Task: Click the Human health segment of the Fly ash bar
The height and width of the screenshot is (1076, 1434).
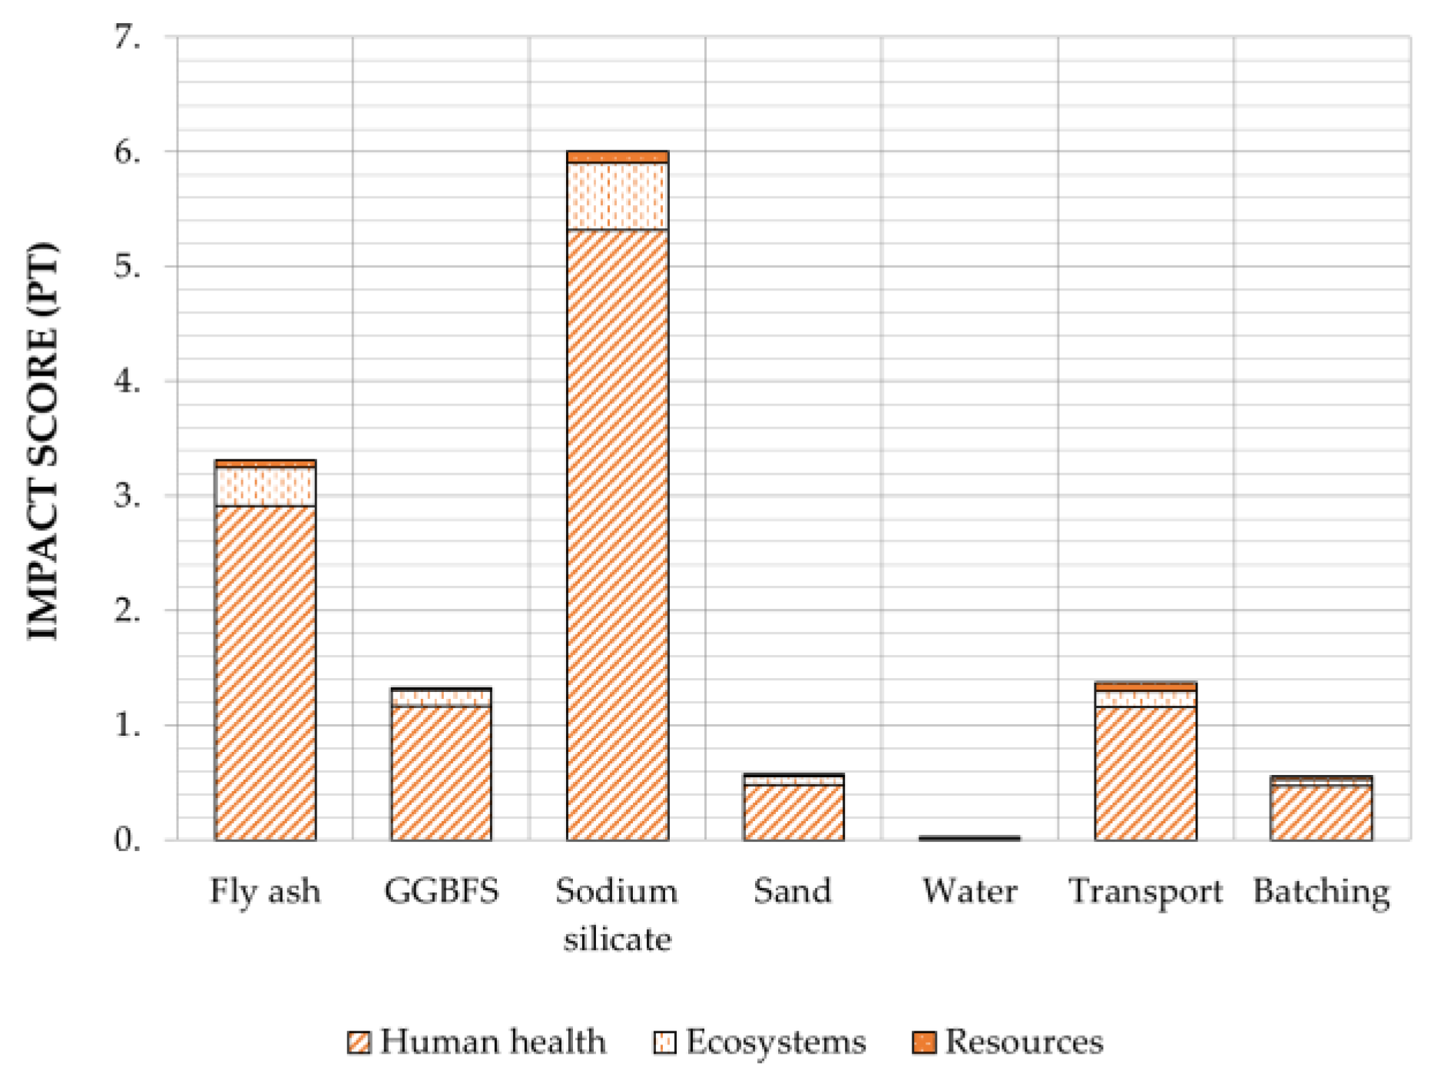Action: (x=265, y=672)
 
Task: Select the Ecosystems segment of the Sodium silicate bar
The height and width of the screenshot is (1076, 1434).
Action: (x=617, y=196)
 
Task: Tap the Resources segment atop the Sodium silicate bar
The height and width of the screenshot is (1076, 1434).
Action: (x=617, y=157)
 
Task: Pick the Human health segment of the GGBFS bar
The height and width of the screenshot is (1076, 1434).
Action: (x=441, y=772)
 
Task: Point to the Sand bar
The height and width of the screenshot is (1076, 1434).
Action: (x=793, y=810)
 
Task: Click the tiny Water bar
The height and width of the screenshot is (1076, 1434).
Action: (x=969, y=838)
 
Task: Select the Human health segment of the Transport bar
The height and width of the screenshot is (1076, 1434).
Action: (x=1145, y=772)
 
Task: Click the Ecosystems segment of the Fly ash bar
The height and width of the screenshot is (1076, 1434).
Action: (x=265, y=486)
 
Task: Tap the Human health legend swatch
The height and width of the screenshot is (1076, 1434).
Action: (x=359, y=1042)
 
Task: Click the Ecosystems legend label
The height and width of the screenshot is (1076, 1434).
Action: (x=776, y=1042)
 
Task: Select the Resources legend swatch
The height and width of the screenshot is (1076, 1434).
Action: (x=924, y=1042)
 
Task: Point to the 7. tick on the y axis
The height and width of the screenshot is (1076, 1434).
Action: (x=128, y=37)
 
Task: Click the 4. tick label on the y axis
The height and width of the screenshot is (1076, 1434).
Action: (x=128, y=381)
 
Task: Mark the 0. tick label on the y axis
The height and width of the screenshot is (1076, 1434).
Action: (x=128, y=839)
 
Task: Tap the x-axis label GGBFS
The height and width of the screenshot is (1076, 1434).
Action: (x=441, y=891)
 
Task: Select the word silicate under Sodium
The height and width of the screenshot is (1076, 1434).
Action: (x=617, y=939)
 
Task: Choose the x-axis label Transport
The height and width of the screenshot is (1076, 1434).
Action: (x=1145, y=891)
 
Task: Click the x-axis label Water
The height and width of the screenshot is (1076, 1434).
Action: (x=969, y=891)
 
